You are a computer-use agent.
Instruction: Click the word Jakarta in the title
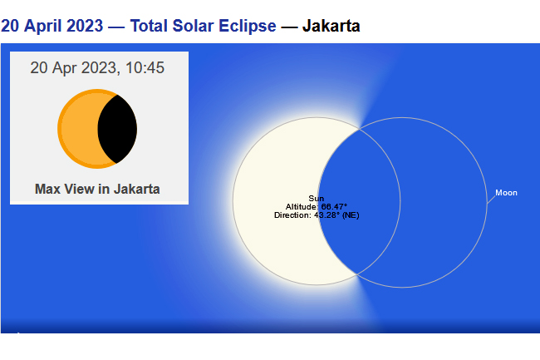[331, 26]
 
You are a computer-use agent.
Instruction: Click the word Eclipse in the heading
[248, 26]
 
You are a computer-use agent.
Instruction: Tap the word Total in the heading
[149, 26]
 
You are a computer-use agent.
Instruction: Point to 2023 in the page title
[85, 26]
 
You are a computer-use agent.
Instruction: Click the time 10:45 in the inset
[145, 67]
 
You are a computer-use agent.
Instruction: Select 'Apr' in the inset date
[65, 68]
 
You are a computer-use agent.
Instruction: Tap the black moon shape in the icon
[117, 129]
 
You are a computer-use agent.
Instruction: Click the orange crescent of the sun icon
[77, 129]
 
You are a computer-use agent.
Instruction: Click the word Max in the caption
[47, 189]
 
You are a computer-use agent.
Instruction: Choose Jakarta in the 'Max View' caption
[137, 189]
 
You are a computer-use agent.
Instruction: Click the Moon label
[506, 193]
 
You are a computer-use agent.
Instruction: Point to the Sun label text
[317, 199]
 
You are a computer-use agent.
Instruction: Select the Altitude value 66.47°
[334, 207]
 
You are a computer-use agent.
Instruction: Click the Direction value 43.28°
[326, 215]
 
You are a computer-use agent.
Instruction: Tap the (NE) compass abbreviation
[351, 215]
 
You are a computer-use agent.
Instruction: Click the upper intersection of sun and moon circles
[359, 129]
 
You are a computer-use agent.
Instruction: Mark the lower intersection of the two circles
[356, 274]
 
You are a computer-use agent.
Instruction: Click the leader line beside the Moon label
[491, 200]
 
